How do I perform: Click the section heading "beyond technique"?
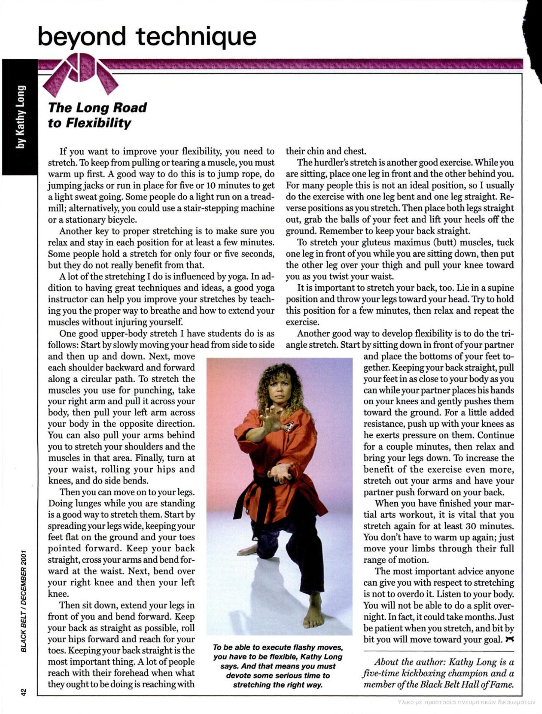pos(147,36)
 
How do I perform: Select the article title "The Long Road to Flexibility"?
pos(97,115)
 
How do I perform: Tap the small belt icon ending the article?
pos(510,639)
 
